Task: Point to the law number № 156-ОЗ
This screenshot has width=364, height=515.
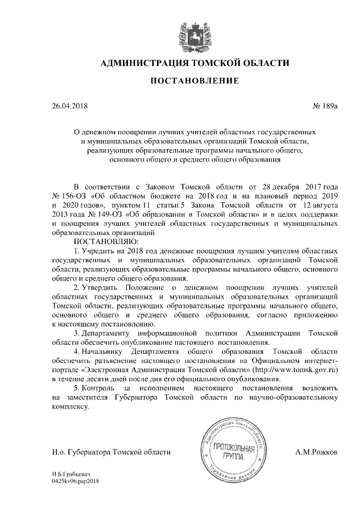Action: coord(69,196)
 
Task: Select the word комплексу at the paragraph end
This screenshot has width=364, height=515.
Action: coord(70,406)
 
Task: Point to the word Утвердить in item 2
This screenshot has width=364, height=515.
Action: coord(100,288)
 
